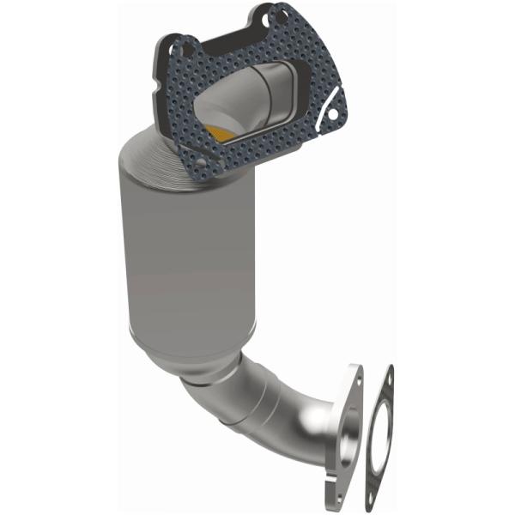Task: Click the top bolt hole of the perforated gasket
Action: [x=274, y=15]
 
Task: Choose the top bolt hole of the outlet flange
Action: [x=354, y=378]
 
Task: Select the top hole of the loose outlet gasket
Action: [x=389, y=376]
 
